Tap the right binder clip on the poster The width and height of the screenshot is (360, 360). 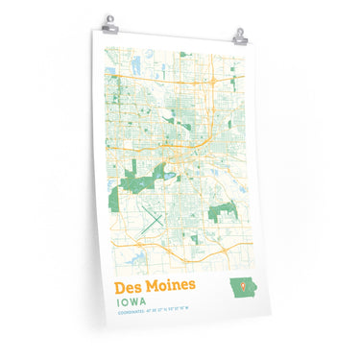pos(239,36)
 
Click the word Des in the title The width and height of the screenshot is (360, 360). pos(130,286)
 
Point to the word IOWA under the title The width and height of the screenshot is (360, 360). pos(132,301)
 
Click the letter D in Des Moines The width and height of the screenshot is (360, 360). pos(121,286)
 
